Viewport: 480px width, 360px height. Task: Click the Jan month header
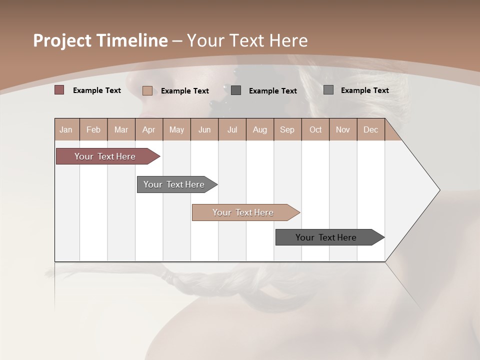66,129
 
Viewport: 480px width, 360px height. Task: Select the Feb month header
93,129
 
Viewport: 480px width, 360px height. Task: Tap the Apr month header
148,129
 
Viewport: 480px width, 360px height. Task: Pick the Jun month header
204,129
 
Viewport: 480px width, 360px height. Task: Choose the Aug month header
259,129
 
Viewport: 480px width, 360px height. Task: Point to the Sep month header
287,129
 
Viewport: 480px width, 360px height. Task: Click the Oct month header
315,129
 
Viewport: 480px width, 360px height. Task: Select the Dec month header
370,129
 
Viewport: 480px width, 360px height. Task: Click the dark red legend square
59,90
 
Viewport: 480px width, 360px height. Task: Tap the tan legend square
147,90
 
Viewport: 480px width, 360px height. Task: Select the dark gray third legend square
236,90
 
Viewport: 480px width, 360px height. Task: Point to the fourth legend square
328,89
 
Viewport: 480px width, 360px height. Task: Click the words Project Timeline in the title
100,40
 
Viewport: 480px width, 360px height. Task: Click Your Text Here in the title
247,40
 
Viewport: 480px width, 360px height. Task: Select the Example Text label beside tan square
185,91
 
